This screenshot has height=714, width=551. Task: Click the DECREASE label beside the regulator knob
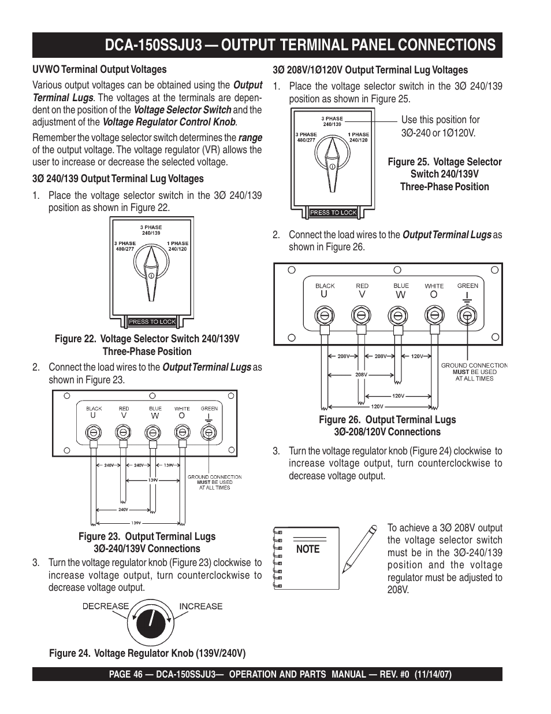click(105, 606)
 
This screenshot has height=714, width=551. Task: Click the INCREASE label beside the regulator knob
click(200, 606)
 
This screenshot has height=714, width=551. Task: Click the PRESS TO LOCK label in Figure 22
click(152, 321)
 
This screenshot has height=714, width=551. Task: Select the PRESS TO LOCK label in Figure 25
click(333, 213)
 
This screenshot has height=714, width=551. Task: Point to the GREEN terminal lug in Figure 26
click(467, 315)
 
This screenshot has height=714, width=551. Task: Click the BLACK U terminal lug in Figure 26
click(325, 315)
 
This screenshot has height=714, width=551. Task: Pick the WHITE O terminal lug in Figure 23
click(182, 431)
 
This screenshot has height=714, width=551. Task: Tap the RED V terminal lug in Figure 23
click(122, 431)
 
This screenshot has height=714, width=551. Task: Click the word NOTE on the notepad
click(307, 549)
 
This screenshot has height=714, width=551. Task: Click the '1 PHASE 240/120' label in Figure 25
click(358, 137)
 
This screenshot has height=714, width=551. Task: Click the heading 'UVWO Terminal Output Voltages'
click(99, 70)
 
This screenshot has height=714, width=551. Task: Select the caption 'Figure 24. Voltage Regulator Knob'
click(147, 653)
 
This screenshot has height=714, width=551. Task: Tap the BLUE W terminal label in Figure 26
click(401, 290)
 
